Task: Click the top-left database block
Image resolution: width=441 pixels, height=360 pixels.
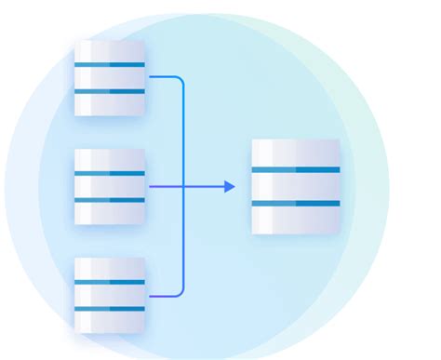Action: click(110, 77)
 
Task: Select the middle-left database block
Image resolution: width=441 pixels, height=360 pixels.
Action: click(110, 186)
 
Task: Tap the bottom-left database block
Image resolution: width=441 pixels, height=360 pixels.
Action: click(110, 295)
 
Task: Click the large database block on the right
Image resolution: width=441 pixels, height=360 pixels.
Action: click(296, 186)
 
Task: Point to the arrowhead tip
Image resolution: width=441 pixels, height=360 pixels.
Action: click(234, 186)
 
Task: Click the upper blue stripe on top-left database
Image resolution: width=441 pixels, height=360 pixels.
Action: click(110, 64)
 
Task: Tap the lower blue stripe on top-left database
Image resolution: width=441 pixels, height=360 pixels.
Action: click(110, 91)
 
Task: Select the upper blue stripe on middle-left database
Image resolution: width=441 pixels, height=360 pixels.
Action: click(110, 173)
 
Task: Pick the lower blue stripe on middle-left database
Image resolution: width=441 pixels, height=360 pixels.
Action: click(110, 200)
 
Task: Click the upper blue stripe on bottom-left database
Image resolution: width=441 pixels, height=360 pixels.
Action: click(110, 282)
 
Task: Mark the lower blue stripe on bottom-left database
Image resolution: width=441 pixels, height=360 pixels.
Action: click(110, 309)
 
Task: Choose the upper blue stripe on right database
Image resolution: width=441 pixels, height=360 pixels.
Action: click(296, 169)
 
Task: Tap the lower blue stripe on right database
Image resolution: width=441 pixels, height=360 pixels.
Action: click(296, 203)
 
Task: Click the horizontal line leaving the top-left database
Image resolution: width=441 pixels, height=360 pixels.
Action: click(162, 77)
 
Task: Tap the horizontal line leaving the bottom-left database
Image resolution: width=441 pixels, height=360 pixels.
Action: click(162, 296)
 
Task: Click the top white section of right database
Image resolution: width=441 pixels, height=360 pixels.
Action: click(296, 153)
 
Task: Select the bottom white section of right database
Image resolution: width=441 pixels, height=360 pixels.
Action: click(296, 220)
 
